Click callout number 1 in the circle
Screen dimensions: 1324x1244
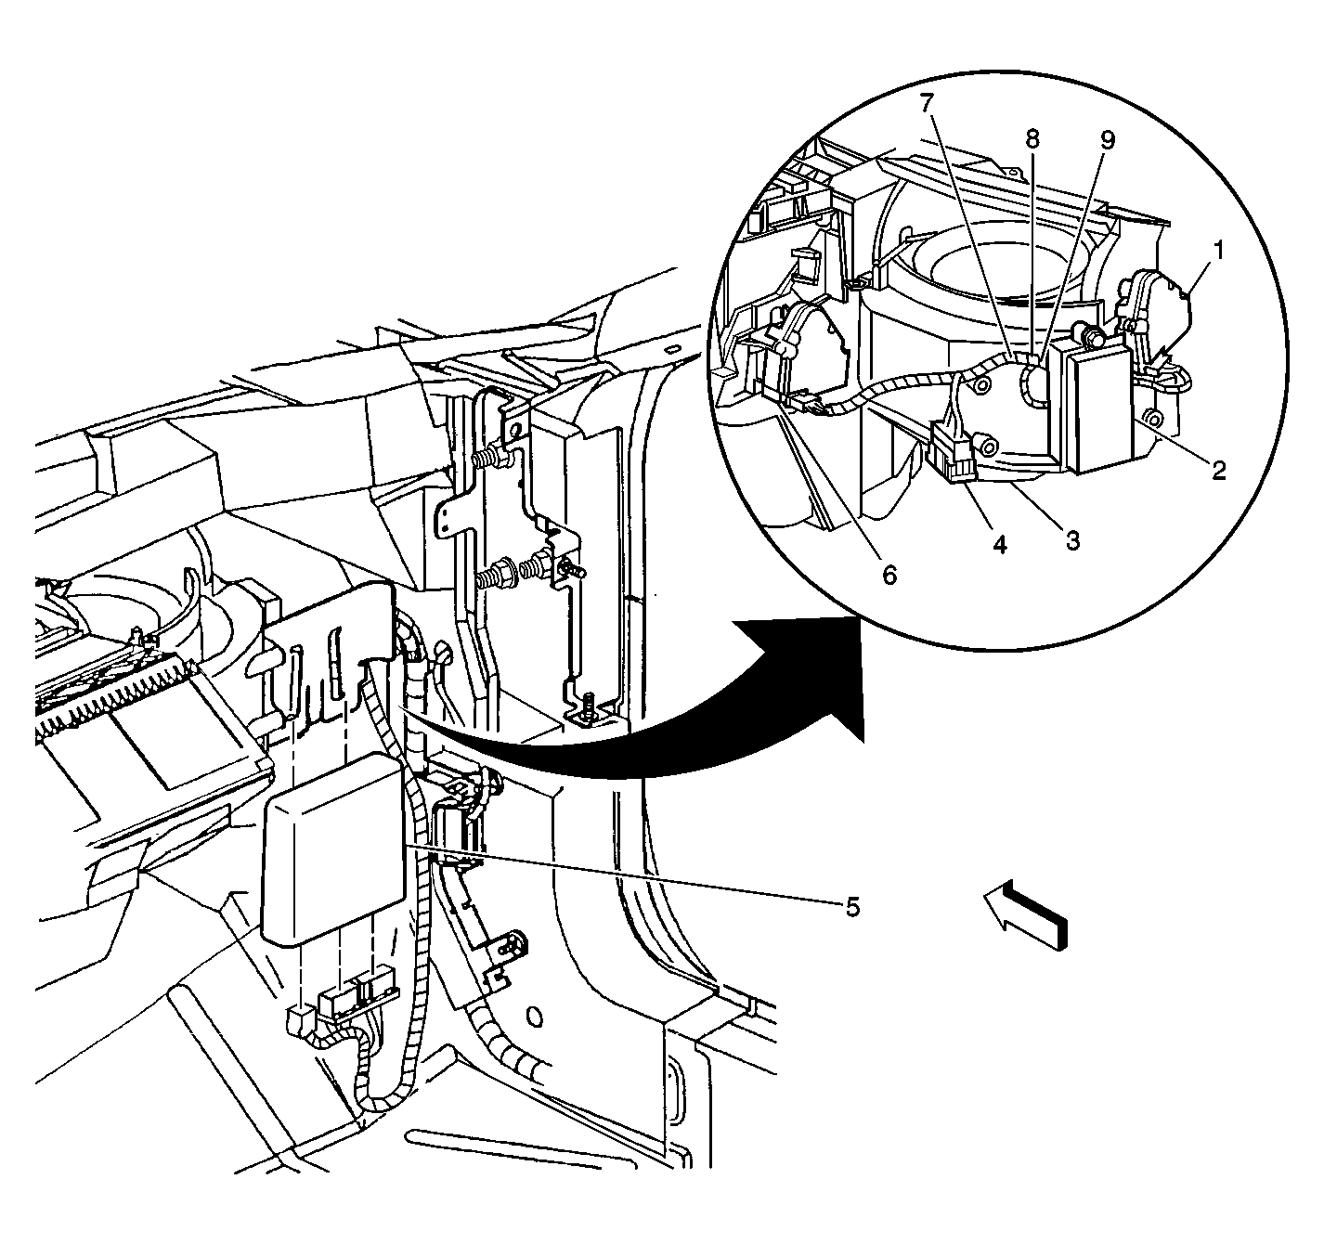point(1219,253)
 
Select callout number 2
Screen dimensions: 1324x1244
point(1219,472)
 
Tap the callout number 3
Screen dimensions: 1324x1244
point(1072,540)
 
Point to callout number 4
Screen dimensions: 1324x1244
point(999,545)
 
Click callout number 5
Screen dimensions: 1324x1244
point(852,907)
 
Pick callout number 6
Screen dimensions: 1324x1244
point(890,576)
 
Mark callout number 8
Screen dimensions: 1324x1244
point(1032,139)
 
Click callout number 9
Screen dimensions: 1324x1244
point(1108,140)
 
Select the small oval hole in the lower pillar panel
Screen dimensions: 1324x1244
point(532,1018)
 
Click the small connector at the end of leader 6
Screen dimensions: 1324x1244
point(808,405)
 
